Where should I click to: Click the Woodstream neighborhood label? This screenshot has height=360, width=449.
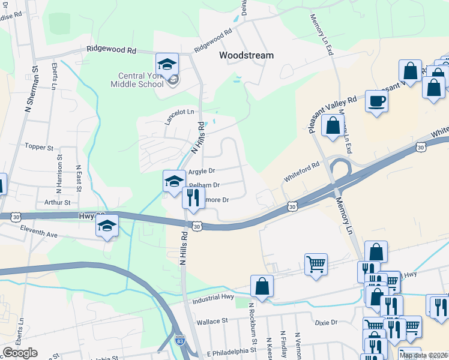[246, 55]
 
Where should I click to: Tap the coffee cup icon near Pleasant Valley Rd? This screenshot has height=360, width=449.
[377, 101]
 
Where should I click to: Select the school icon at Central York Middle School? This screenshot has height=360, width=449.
[167, 64]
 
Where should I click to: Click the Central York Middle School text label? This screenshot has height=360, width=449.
[137, 80]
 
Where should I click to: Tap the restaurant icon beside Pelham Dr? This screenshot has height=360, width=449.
[193, 197]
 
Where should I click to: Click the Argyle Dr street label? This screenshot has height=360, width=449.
[201, 171]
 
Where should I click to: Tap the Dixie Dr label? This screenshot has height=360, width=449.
[327, 322]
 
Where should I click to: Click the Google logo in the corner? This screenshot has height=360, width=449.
[20, 353]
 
